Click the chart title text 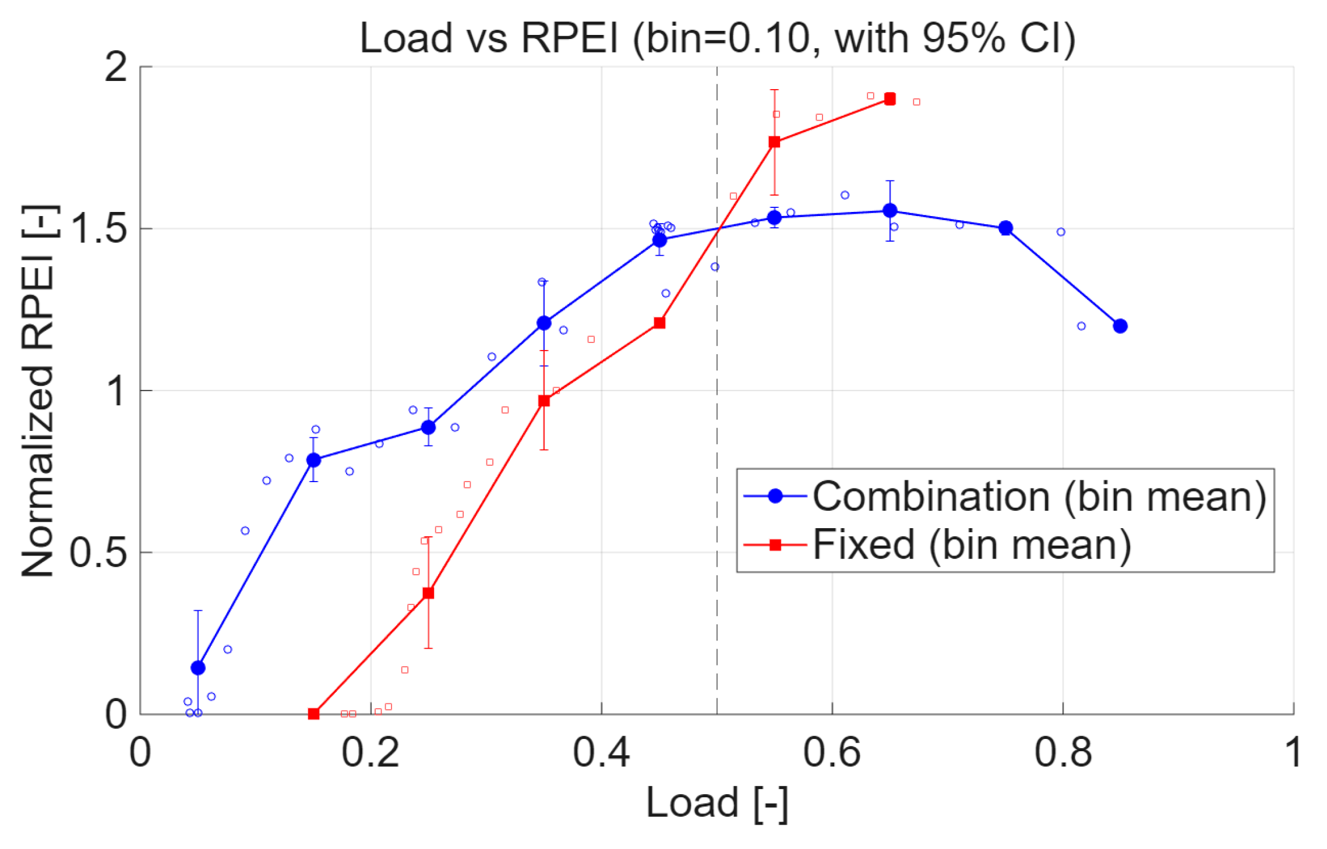point(717,38)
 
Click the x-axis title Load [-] point(717,803)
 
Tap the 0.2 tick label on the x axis point(370,752)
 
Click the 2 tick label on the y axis point(115,67)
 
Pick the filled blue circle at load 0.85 point(1120,326)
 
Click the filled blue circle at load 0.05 point(198,668)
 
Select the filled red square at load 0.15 point(313,714)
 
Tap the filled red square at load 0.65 point(890,100)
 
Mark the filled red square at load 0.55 point(774,142)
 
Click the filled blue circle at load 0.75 point(1005,228)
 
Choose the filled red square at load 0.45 point(659,323)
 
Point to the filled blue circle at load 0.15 point(313,460)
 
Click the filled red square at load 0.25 point(428,593)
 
